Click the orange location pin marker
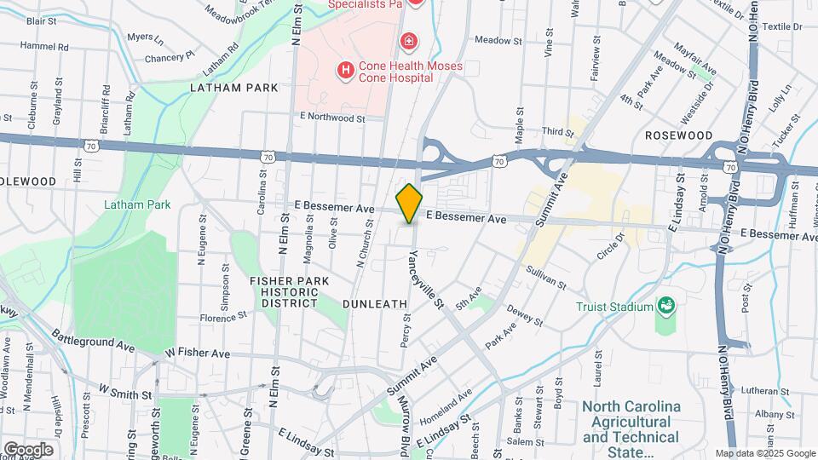[x=409, y=204]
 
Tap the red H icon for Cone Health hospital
[x=345, y=72]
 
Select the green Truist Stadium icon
[x=666, y=306]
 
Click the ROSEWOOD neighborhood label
[x=678, y=135]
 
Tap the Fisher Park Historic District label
[x=284, y=291]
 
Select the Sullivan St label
[x=546, y=277]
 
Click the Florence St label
[x=223, y=317]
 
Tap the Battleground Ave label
[x=92, y=341]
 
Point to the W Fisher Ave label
[x=197, y=353]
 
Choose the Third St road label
[x=558, y=131]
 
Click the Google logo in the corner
[x=28, y=449]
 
